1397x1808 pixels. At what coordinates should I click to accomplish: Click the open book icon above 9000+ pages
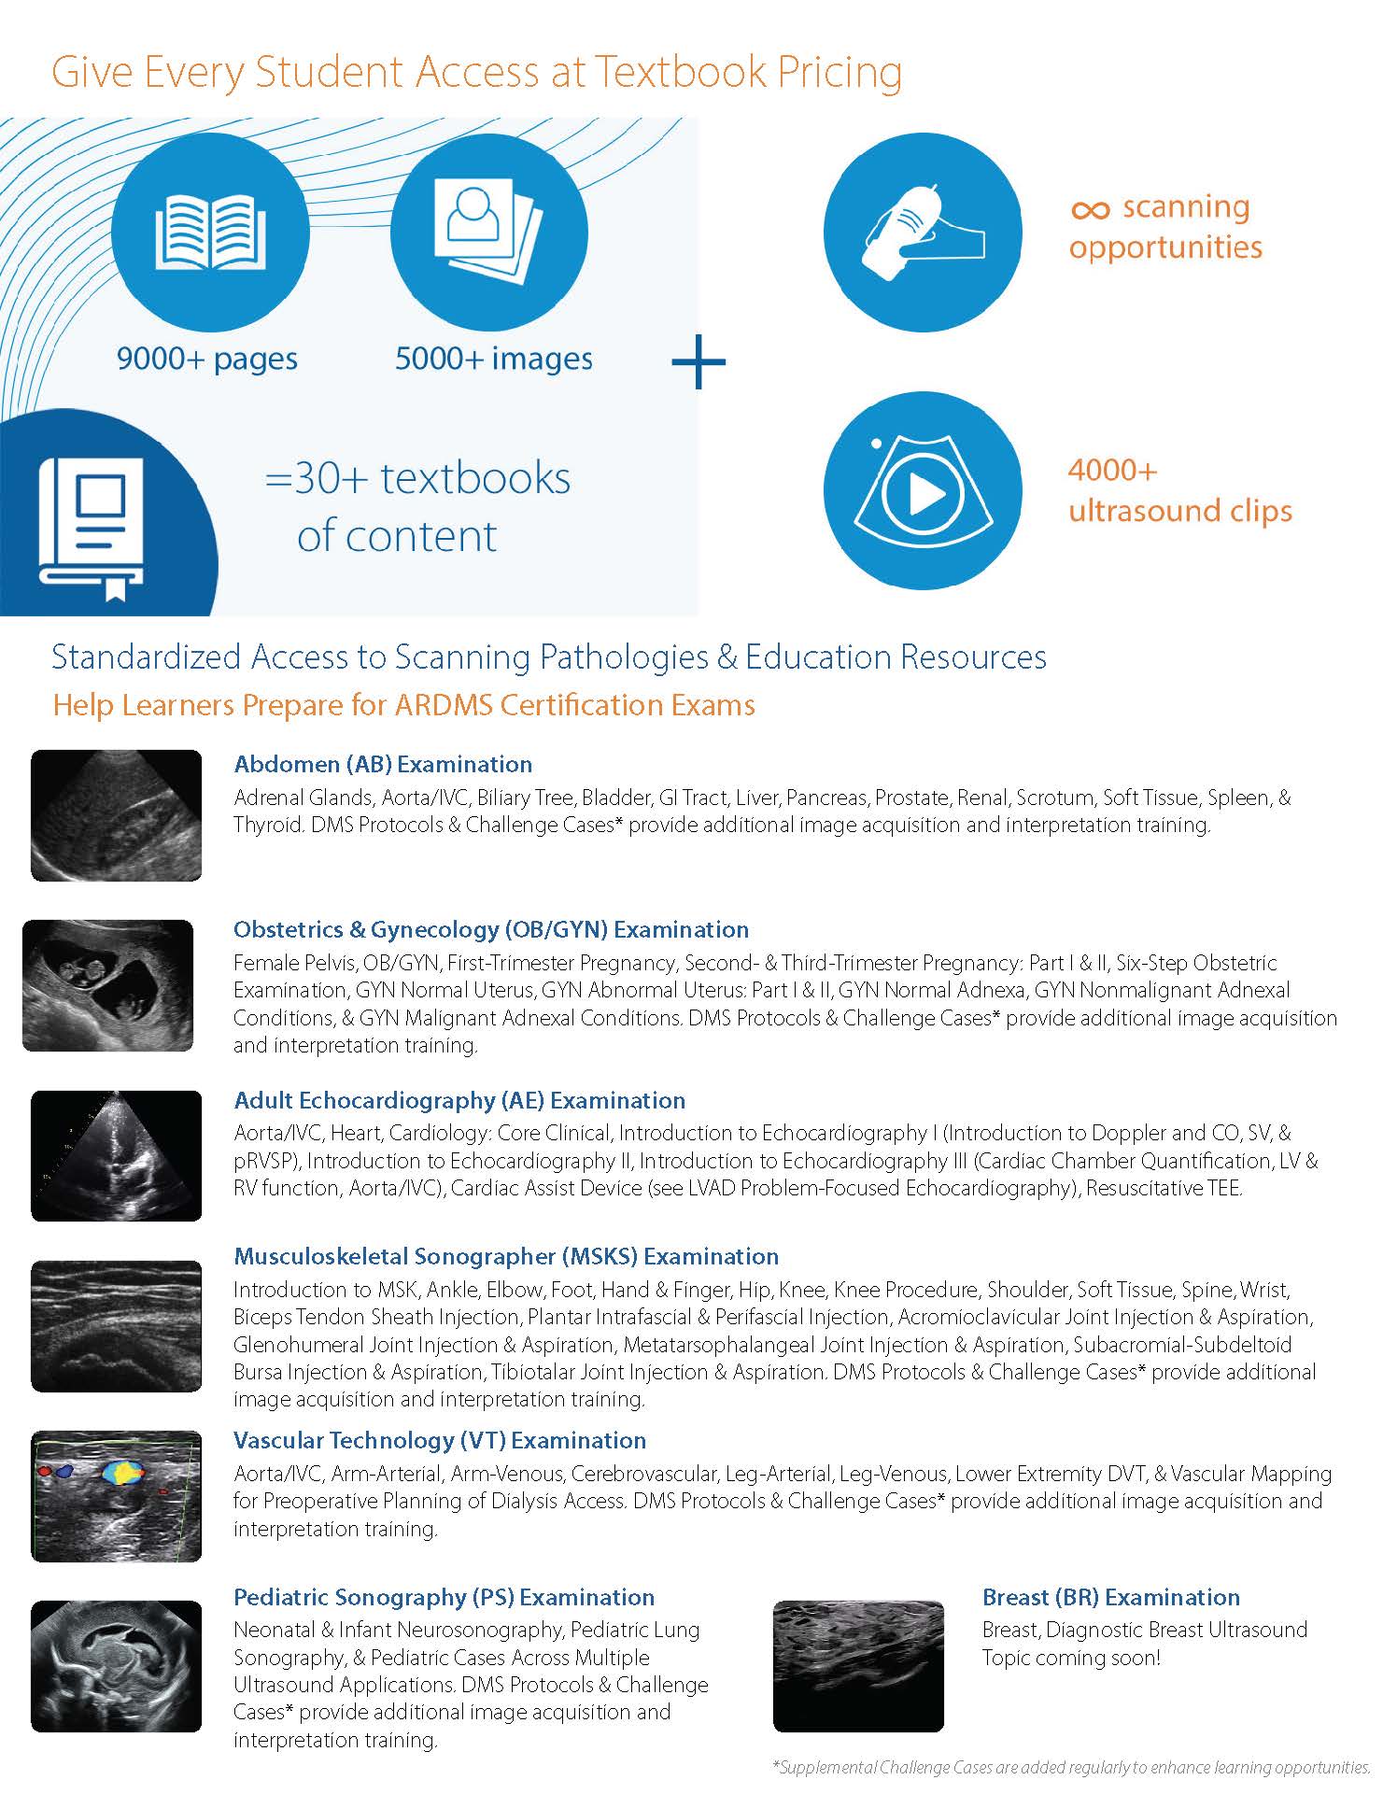[x=210, y=232]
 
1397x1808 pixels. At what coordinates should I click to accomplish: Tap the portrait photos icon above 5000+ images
[x=489, y=232]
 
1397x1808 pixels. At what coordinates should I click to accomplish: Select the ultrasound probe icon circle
[x=922, y=233]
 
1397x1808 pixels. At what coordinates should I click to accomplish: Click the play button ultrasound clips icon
[x=922, y=491]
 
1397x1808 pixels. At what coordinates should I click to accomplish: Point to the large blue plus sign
[x=698, y=361]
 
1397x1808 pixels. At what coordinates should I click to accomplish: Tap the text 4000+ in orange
[x=1112, y=470]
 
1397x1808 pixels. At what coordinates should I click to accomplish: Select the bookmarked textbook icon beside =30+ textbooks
[x=91, y=529]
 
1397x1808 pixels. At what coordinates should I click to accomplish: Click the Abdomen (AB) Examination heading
[x=383, y=764]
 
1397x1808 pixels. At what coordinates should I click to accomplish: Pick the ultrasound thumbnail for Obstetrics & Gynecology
[x=107, y=985]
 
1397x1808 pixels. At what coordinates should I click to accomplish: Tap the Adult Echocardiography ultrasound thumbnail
[x=116, y=1155]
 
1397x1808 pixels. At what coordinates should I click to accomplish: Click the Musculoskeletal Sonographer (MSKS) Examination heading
[x=506, y=1256]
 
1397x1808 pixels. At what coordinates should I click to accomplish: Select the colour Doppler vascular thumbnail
[x=116, y=1496]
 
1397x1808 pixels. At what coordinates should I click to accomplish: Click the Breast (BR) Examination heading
[x=1110, y=1597]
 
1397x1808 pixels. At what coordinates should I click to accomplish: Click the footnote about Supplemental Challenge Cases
[x=1071, y=1767]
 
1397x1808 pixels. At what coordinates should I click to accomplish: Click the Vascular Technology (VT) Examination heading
[x=440, y=1440]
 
